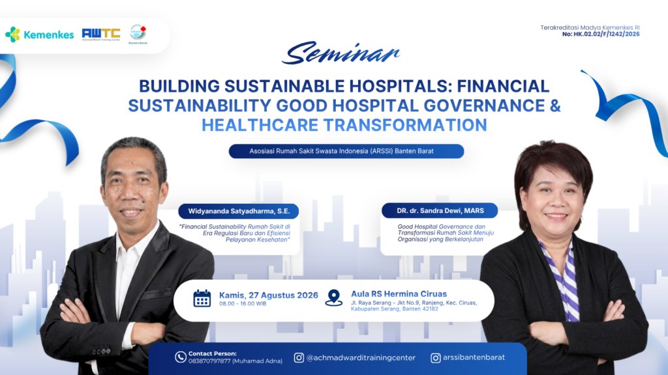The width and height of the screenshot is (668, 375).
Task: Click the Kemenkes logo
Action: (x=39, y=35)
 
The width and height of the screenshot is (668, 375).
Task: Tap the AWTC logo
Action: (x=101, y=34)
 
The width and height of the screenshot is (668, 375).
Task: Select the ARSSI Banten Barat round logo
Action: (x=138, y=33)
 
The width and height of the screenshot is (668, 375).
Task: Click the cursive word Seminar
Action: (x=341, y=53)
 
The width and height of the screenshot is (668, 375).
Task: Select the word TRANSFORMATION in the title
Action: (x=405, y=125)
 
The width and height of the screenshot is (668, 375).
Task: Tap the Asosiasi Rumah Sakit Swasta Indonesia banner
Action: (x=346, y=151)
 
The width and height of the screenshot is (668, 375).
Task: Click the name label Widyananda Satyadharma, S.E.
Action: (x=239, y=212)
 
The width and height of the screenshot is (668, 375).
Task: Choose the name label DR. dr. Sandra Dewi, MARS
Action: (x=440, y=210)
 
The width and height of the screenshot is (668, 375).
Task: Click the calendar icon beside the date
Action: (x=202, y=298)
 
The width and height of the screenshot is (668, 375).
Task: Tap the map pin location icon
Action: (x=333, y=298)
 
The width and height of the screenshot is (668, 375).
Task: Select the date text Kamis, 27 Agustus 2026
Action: (x=268, y=295)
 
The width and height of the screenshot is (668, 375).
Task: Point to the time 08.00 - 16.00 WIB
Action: (x=243, y=304)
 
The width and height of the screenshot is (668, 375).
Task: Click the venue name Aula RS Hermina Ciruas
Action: (x=399, y=294)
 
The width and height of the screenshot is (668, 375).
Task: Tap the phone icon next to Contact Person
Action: (x=181, y=357)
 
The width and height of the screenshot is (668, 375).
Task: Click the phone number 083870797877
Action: (x=209, y=361)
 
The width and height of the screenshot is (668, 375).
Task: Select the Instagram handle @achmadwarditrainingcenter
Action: (x=361, y=358)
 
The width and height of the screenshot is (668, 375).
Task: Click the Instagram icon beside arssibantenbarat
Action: (x=435, y=358)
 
